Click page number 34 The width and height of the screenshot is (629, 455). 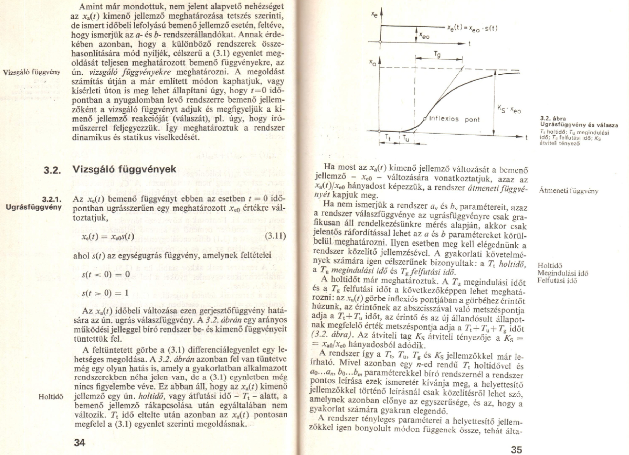pos(80,443)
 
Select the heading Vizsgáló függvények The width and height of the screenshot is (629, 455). pos(124,169)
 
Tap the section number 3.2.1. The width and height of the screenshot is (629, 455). pos(52,199)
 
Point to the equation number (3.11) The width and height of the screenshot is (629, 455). pos(275,236)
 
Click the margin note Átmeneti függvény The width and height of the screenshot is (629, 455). pos(568,191)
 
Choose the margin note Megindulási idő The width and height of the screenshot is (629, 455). pos(562,273)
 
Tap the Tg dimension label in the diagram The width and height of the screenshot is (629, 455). pos(437,55)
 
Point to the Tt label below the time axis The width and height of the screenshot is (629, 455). pos(388,138)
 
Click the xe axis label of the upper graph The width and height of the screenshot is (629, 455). pos(374,14)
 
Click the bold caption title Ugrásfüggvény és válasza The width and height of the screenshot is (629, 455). pos(579,125)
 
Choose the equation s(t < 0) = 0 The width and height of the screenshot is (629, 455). pos(106,274)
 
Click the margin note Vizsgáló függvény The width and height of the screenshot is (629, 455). pos(31,72)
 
